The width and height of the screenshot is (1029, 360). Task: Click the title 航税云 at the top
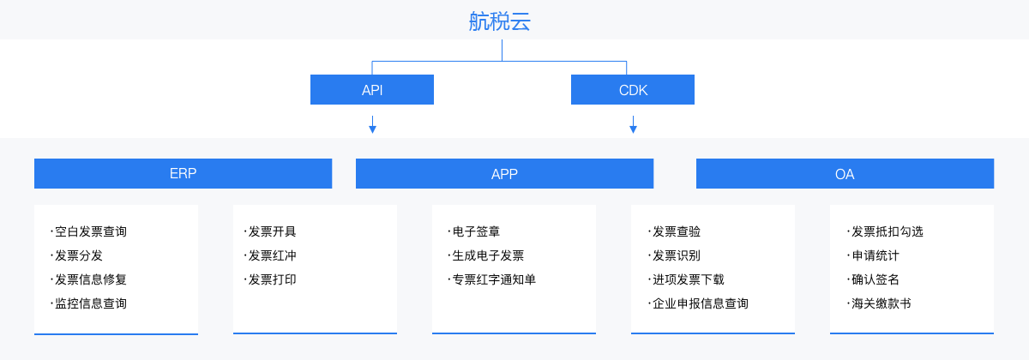tap(500, 21)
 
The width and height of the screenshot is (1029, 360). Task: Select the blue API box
tap(372, 90)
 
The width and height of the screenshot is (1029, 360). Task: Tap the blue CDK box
tap(633, 90)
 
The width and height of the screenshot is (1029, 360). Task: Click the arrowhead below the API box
tap(372, 129)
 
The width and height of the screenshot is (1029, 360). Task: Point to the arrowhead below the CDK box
tap(633, 129)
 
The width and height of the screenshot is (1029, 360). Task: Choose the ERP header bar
tap(183, 173)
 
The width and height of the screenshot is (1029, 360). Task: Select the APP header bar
tap(504, 173)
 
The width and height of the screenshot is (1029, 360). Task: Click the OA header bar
tap(845, 173)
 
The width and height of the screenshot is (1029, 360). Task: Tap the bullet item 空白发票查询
tap(90, 231)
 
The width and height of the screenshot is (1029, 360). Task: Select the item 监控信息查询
tap(90, 303)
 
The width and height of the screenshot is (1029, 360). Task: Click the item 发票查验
tap(676, 231)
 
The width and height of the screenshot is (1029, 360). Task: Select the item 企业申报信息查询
tap(700, 303)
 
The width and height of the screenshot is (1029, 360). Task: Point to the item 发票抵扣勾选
tap(887, 231)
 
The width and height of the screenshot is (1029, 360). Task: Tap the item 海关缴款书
tap(881, 303)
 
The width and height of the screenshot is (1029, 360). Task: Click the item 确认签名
tap(875, 279)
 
